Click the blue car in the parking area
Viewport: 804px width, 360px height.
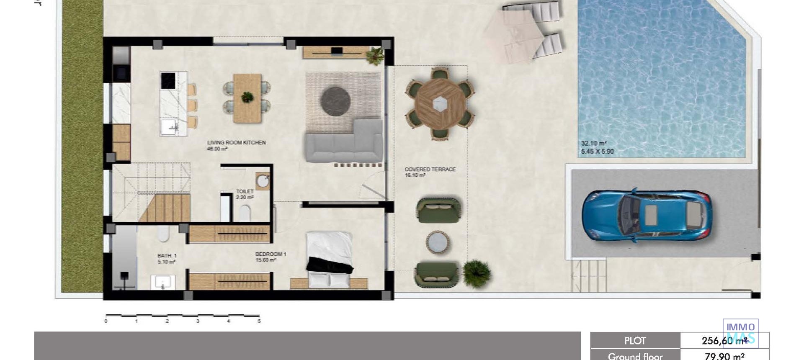click(x=646, y=216)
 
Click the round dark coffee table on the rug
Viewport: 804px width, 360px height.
click(x=335, y=100)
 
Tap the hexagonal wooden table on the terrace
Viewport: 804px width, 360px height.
click(x=440, y=103)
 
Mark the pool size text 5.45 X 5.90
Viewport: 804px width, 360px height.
click(x=597, y=152)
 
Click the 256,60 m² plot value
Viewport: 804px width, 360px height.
click(x=724, y=341)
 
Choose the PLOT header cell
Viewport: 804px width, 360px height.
click(x=635, y=341)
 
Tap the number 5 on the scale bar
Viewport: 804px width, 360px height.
click(x=259, y=321)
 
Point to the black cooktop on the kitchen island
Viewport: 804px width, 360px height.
click(x=168, y=80)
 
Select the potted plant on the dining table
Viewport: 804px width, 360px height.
click(x=247, y=97)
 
